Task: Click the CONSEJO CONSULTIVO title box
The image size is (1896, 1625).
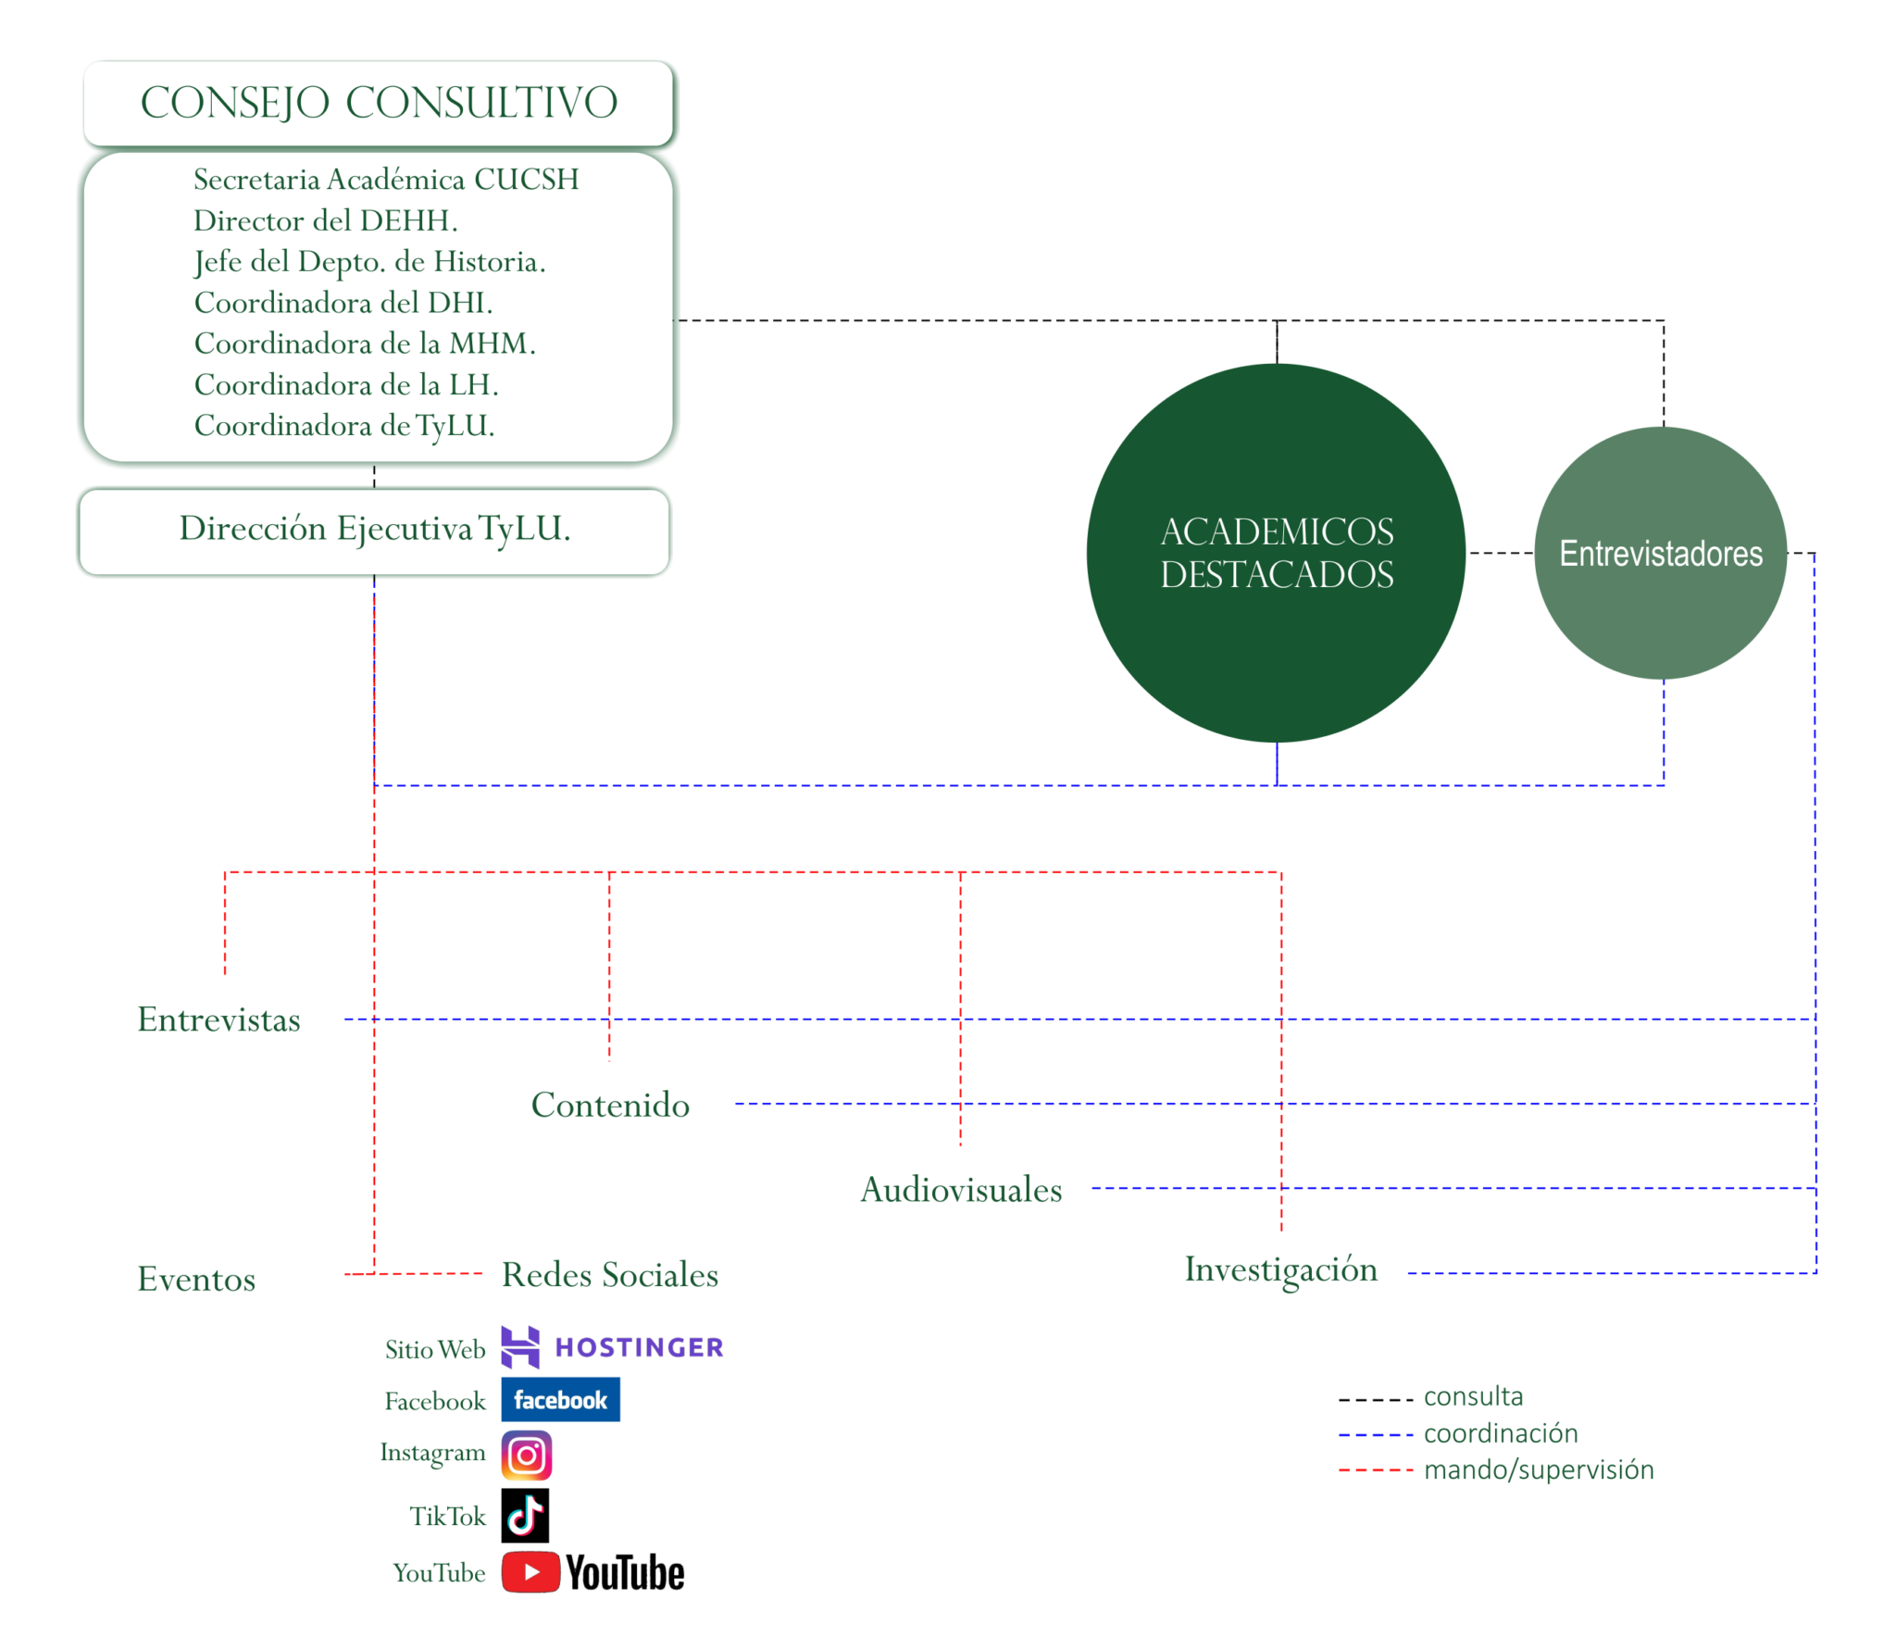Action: tap(379, 103)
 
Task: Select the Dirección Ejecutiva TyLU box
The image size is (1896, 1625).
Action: tap(374, 531)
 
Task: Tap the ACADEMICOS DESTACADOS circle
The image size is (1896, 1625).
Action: tap(1276, 553)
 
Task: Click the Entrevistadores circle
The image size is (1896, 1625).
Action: tap(1660, 553)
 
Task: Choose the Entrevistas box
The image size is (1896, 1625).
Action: tap(218, 1019)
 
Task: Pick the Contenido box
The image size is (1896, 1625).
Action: tap(609, 1104)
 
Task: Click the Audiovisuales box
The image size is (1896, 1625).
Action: tap(960, 1189)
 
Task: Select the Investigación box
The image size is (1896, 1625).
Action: tap(1281, 1272)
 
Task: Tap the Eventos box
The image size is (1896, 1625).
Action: tap(218, 1279)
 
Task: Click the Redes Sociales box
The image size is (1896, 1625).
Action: tap(609, 1274)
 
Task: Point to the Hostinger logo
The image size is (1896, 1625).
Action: tap(612, 1347)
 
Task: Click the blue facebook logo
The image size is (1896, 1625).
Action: tap(560, 1399)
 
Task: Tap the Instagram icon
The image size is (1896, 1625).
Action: tap(527, 1455)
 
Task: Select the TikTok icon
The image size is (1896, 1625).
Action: tap(525, 1515)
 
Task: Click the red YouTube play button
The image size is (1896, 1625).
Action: tap(530, 1572)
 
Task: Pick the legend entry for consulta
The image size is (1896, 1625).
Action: tap(1472, 1396)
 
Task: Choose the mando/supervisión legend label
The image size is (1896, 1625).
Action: tap(1538, 1469)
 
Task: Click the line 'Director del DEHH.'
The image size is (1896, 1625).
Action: tap(325, 220)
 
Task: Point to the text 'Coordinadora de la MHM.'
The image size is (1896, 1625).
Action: tap(365, 344)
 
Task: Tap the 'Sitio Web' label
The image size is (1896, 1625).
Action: tap(435, 1349)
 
